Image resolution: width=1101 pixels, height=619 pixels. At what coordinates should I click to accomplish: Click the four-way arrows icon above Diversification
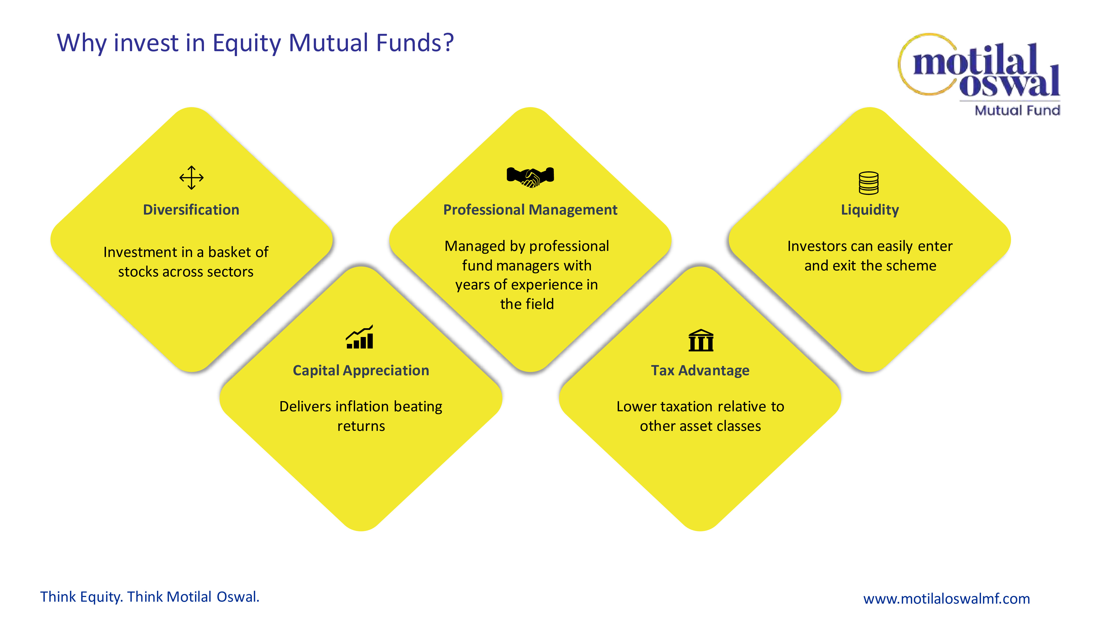[192, 178]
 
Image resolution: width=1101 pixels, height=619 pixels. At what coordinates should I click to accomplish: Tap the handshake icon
[530, 176]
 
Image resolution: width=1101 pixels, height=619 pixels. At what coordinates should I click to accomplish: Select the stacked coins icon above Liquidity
[868, 183]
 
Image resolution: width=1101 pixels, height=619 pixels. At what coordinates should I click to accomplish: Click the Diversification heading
[191, 210]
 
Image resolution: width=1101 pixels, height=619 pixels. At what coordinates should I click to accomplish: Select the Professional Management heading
[530, 210]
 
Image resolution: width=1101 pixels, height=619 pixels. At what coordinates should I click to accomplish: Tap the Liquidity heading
[870, 210]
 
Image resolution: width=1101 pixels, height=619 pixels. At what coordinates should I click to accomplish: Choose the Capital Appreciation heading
[361, 370]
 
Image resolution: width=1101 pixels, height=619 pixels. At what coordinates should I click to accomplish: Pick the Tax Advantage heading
[700, 370]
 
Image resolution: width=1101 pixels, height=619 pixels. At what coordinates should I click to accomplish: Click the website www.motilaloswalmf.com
[946, 598]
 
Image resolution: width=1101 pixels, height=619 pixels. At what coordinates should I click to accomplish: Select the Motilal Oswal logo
[979, 68]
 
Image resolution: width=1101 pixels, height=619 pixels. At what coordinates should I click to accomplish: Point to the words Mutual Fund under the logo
[1017, 110]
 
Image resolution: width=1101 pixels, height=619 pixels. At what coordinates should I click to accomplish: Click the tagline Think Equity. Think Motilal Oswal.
[149, 597]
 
